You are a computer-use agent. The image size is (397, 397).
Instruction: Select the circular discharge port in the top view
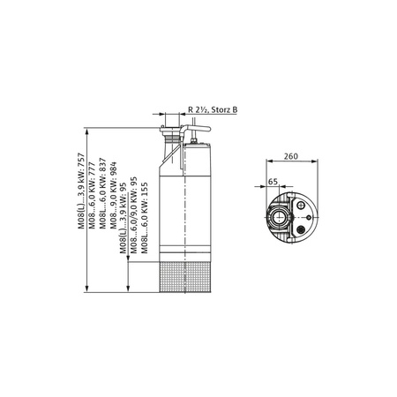[x=279, y=214]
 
